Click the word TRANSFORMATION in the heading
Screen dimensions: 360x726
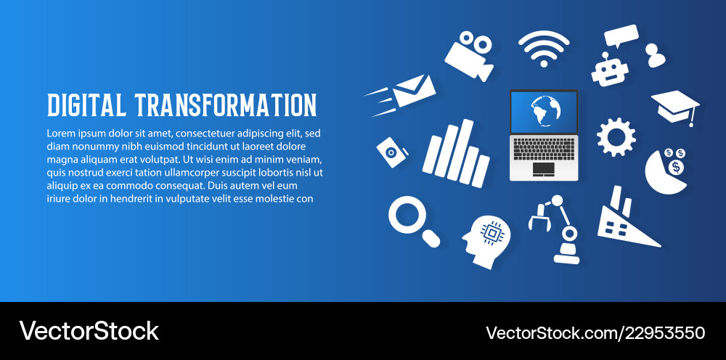226,105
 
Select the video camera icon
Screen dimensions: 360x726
469,54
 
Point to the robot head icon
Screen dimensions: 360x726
608,70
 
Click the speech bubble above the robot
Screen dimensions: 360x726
621,35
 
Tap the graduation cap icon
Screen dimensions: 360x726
674,105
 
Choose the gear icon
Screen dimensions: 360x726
616,137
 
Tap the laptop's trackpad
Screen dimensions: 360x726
543,169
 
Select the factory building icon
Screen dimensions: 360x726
620,221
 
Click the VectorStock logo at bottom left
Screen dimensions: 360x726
89,331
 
